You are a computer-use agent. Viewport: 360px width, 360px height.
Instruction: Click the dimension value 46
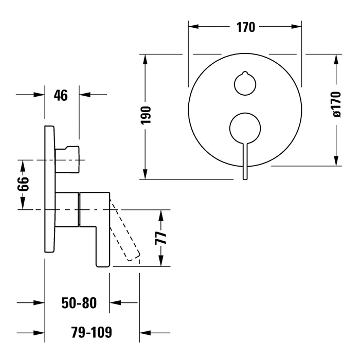[x=61, y=95]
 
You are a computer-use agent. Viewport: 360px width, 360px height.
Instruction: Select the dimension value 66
[x=22, y=184]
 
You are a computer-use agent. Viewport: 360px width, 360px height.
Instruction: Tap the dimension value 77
[x=161, y=238]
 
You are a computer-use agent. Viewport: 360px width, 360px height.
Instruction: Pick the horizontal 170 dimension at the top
[x=245, y=27]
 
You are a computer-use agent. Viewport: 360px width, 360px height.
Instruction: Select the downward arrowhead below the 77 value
[x=161, y=261]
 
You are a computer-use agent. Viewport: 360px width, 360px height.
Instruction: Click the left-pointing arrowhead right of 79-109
[x=145, y=332]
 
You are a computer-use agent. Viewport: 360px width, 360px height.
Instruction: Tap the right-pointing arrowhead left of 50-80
[x=39, y=303]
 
